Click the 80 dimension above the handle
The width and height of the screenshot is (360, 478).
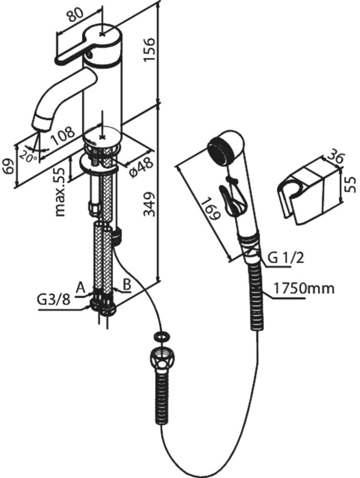point(73,14)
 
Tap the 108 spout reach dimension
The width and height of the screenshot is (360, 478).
point(62,135)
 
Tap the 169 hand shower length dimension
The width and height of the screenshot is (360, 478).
point(210,208)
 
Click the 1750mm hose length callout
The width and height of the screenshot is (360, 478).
point(304,289)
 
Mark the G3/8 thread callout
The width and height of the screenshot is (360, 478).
point(54,299)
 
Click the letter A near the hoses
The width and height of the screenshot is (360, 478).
point(81,287)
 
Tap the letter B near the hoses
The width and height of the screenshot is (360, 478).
point(127,284)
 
